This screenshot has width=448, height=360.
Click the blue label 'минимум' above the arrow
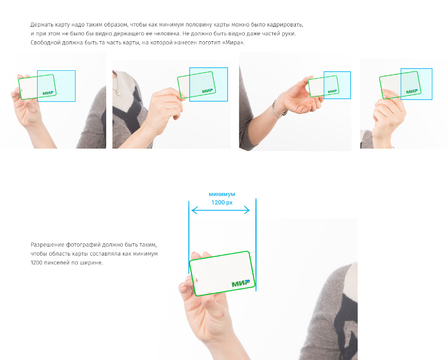tap(222, 195)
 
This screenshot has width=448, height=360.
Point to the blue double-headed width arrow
tap(220, 211)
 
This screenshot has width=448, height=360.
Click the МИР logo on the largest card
tap(240, 283)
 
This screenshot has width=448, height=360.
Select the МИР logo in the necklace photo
tap(207, 91)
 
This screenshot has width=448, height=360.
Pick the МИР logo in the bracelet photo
tap(332, 91)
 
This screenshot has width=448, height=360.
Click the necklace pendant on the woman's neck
tap(118, 93)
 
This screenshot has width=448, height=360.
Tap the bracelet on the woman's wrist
tap(278, 110)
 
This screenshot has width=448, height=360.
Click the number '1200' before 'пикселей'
tap(36, 263)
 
